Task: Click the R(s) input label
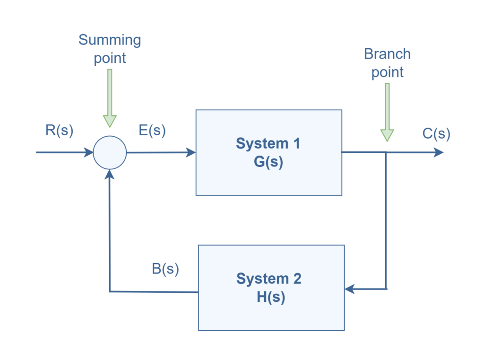click(x=59, y=131)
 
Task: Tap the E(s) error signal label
click(x=152, y=131)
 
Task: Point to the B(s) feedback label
click(x=165, y=269)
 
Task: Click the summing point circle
click(x=110, y=152)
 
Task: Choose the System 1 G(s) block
click(x=268, y=152)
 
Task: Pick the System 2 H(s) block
click(x=270, y=288)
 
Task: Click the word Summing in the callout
click(x=110, y=40)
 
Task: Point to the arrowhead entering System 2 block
click(x=350, y=289)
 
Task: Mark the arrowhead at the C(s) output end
click(x=439, y=152)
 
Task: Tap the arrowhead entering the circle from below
click(x=110, y=175)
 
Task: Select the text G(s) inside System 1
click(x=268, y=162)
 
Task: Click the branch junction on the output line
click(x=387, y=152)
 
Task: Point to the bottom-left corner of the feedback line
click(x=110, y=291)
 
